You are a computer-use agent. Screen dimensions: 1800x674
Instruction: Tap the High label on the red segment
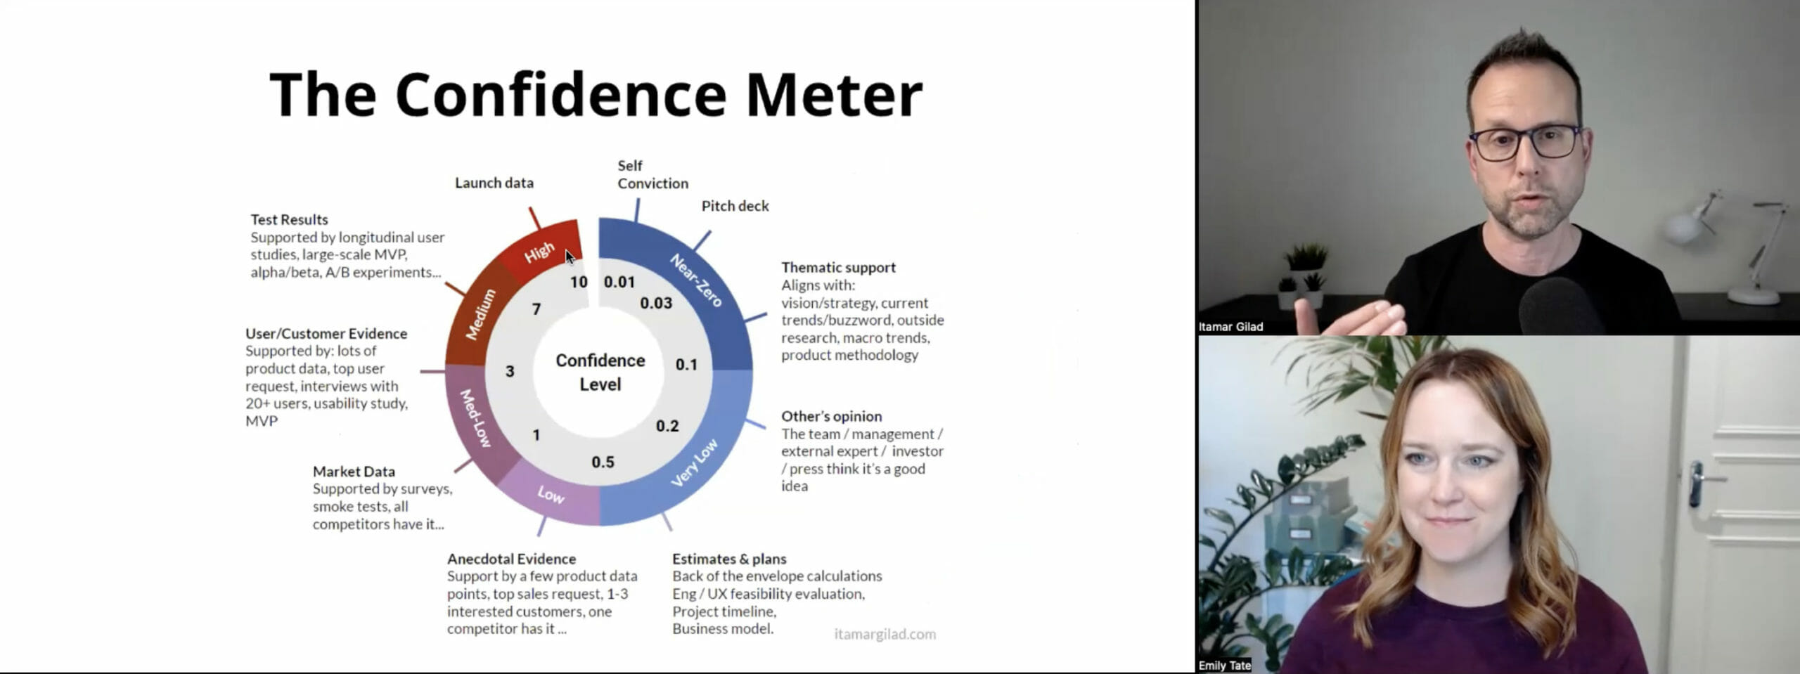539,252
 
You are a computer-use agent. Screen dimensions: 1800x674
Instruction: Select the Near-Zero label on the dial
696,280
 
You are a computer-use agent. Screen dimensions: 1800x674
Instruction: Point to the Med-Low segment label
475,417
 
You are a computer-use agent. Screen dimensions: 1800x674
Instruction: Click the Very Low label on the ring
694,462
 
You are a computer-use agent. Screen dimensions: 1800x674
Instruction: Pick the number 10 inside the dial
579,282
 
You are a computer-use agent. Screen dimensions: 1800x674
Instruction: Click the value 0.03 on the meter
656,303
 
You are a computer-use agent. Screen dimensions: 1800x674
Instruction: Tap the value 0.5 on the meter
603,462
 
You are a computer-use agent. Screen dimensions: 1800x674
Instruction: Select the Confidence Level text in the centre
600,372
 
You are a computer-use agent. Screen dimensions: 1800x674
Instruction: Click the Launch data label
494,183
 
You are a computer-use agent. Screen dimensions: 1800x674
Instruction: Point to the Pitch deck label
735,206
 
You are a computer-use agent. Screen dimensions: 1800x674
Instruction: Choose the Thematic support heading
838,267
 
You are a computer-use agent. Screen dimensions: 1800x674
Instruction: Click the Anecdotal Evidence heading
511,559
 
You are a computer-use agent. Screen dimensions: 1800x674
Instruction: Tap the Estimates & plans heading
729,559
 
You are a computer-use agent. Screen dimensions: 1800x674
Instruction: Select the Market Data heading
354,471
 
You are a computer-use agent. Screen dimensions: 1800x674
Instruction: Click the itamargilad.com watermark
885,634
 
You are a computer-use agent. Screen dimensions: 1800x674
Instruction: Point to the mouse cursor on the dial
570,257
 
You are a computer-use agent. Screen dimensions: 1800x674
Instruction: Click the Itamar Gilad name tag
1230,327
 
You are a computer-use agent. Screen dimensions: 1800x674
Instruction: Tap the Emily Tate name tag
1224,666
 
